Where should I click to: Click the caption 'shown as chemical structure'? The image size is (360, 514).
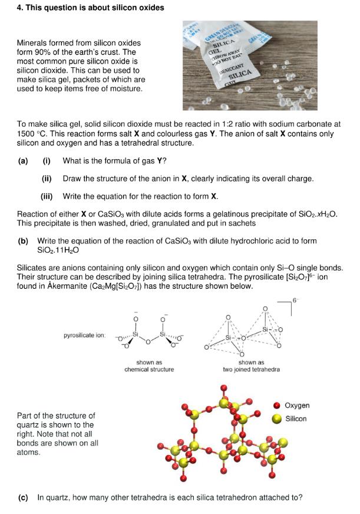148,366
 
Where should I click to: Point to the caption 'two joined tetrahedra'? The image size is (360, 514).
251,370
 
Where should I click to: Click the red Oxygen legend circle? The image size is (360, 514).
276,406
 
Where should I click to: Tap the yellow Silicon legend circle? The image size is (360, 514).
276,419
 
